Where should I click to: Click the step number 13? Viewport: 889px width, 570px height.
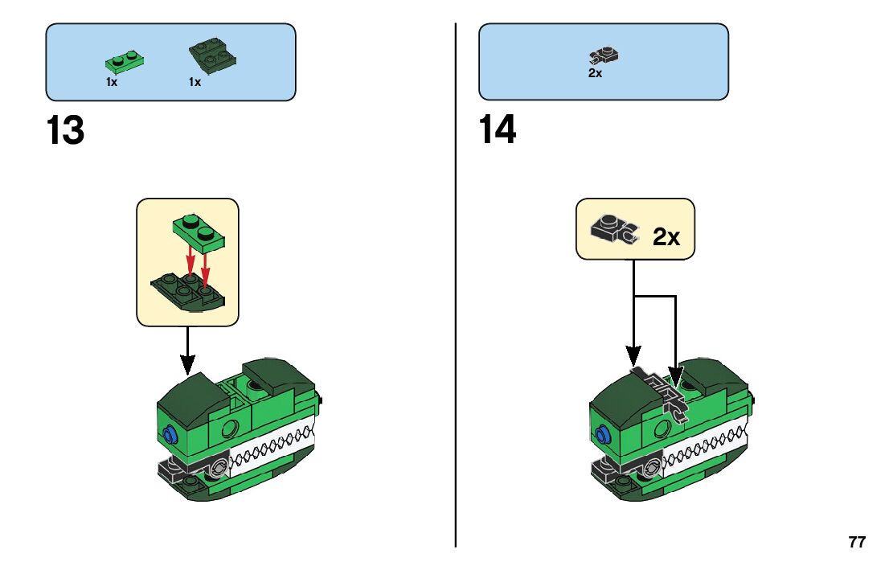(x=65, y=131)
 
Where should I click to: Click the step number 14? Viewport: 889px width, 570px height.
(x=498, y=130)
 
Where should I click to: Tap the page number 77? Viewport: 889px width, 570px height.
(x=857, y=542)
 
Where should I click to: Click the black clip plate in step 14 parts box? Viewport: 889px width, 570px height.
(x=604, y=55)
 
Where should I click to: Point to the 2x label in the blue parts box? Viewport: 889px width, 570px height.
(x=595, y=73)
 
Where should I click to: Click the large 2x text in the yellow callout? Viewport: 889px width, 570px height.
(x=666, y=237)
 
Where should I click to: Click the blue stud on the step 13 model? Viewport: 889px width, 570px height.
(x=170, y=436)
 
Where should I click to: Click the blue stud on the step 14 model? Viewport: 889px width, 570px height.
(x=603, y=436)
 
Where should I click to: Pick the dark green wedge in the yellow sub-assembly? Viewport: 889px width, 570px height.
(x=189, y=290)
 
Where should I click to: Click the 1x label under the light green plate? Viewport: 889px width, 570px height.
(x=112, y=82)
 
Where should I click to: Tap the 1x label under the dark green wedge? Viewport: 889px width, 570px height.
(x=195, y=82)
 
